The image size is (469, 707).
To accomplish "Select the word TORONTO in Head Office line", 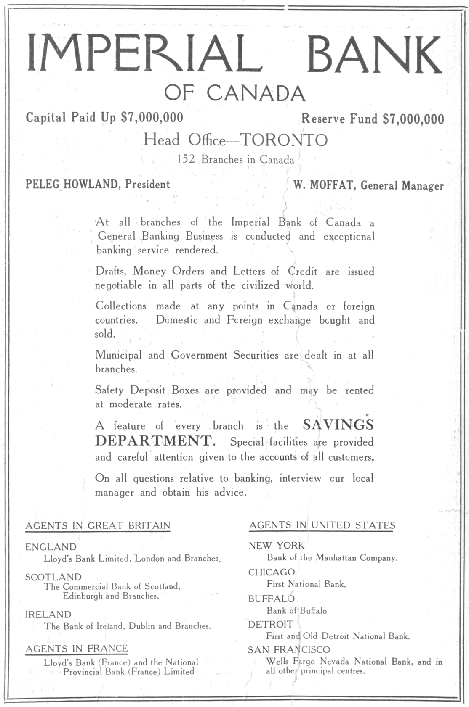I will click(x=283, y=140).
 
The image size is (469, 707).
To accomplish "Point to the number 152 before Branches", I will click(x=186, y=159).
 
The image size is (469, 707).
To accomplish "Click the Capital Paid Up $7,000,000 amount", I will click(x=152, y=117).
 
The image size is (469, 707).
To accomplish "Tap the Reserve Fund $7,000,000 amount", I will click(x=413, y=119).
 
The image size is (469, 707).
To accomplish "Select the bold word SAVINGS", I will click(x=338, y=425).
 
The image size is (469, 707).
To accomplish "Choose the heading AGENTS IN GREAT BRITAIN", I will click(x=98, y=525).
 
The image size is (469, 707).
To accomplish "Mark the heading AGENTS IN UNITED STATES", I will click(x=322, y=525).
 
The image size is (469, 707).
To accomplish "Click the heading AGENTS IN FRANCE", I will click(x=77, y=649).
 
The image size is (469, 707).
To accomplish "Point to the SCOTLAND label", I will click(x=53, y=577).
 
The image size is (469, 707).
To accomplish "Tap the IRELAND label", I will click(x=48, y=615).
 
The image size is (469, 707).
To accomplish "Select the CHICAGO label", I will click(x=272, y=572).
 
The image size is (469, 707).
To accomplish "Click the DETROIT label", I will click(x=270, y=624).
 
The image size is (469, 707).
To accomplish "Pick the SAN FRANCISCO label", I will click(x=289, y=650).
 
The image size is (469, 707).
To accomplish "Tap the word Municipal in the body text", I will click(x=119, y=355).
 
